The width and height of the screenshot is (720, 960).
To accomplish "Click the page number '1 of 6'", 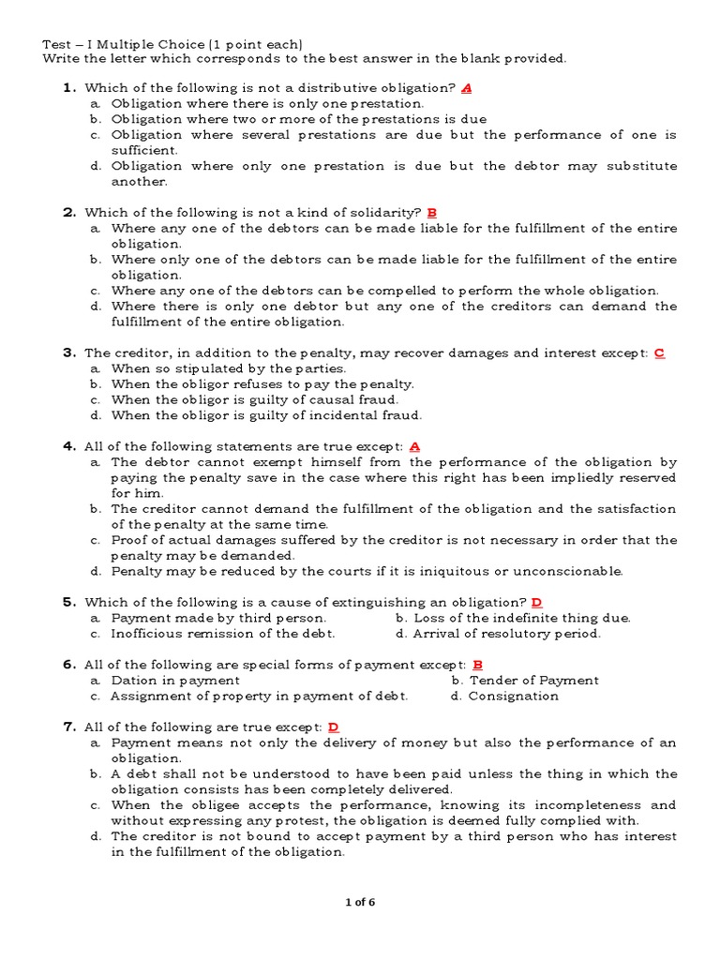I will coord(360,903).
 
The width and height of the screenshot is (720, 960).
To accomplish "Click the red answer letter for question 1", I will coord(467,88).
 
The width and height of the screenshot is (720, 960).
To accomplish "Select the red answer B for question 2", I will coord(432,213).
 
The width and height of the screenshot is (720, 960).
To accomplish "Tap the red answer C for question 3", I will coord(659,353).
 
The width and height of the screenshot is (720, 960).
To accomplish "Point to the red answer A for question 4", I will coord(414,446).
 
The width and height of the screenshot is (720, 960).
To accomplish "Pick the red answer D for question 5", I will coord(537,602).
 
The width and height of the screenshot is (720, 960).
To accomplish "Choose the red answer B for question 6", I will coord(477,665).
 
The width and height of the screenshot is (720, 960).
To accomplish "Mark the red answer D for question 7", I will coord(333,727).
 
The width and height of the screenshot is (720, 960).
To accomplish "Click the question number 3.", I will coord(68,353).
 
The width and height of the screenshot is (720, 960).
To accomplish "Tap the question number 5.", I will coord(68,602).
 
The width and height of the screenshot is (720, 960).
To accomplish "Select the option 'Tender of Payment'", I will coord(533,681).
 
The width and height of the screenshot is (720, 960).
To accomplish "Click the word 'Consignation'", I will coord(513,697).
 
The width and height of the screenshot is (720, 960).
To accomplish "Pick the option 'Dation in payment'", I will coord(175,681).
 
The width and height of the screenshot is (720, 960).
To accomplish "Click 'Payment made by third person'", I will coord(218,618).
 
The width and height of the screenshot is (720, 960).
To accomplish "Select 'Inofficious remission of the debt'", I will coord(222,634).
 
